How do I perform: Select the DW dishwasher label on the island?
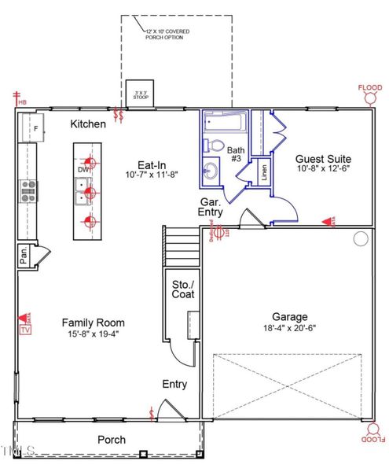[83, 169]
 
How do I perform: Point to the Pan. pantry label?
[25, 256]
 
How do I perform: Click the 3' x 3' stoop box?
[141, 90]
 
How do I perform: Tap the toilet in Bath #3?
[215, 145]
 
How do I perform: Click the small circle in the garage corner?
[361, 238]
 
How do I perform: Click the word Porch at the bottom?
[111, 439]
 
